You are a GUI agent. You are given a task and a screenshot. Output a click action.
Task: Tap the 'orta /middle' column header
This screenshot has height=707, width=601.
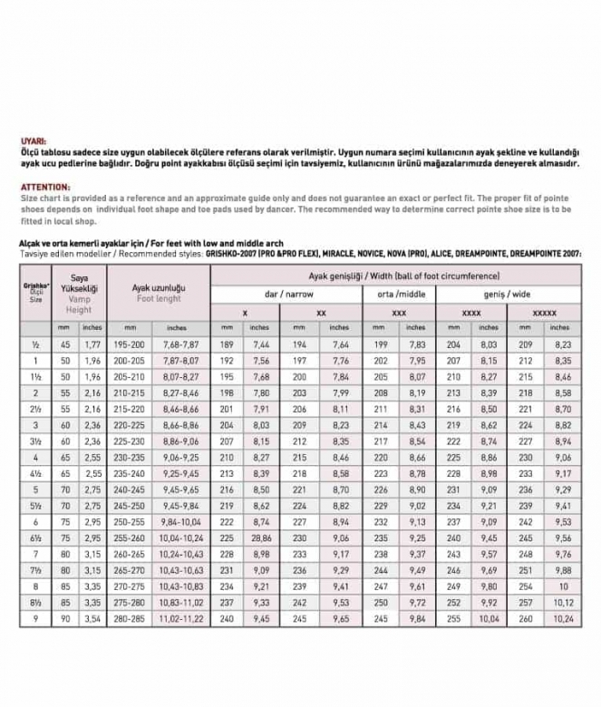point(399,294)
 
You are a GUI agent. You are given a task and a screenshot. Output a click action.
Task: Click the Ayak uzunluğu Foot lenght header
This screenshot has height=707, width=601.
point(158,292)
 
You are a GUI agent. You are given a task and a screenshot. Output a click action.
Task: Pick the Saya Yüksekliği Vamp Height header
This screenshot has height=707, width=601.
point(78,292)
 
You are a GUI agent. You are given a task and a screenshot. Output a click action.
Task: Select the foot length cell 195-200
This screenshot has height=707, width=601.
point(131,344)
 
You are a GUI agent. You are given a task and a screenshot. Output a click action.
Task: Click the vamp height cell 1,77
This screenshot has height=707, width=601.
point(92,344)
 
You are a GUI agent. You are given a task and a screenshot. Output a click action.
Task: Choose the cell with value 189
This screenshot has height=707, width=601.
point(227,344)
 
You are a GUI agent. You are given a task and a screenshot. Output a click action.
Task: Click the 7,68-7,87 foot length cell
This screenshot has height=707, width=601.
point(177,344)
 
